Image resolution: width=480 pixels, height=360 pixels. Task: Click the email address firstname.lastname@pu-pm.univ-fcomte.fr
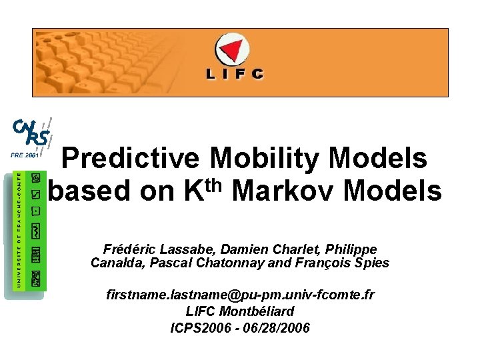pyautogui.click(x=240, y=295)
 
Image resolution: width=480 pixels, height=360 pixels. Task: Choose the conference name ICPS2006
pyautogui.click(x=200, y=328)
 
